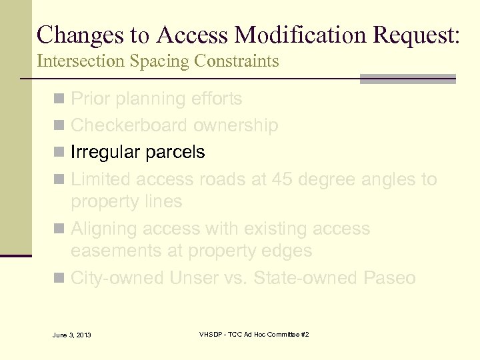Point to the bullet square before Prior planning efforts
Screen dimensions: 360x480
point(60,99)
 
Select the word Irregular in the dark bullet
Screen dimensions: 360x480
point(102,153)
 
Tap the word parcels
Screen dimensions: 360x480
point(175,153)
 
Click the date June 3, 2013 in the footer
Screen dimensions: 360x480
point(71,335)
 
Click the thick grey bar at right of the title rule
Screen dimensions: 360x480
point(407,79)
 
